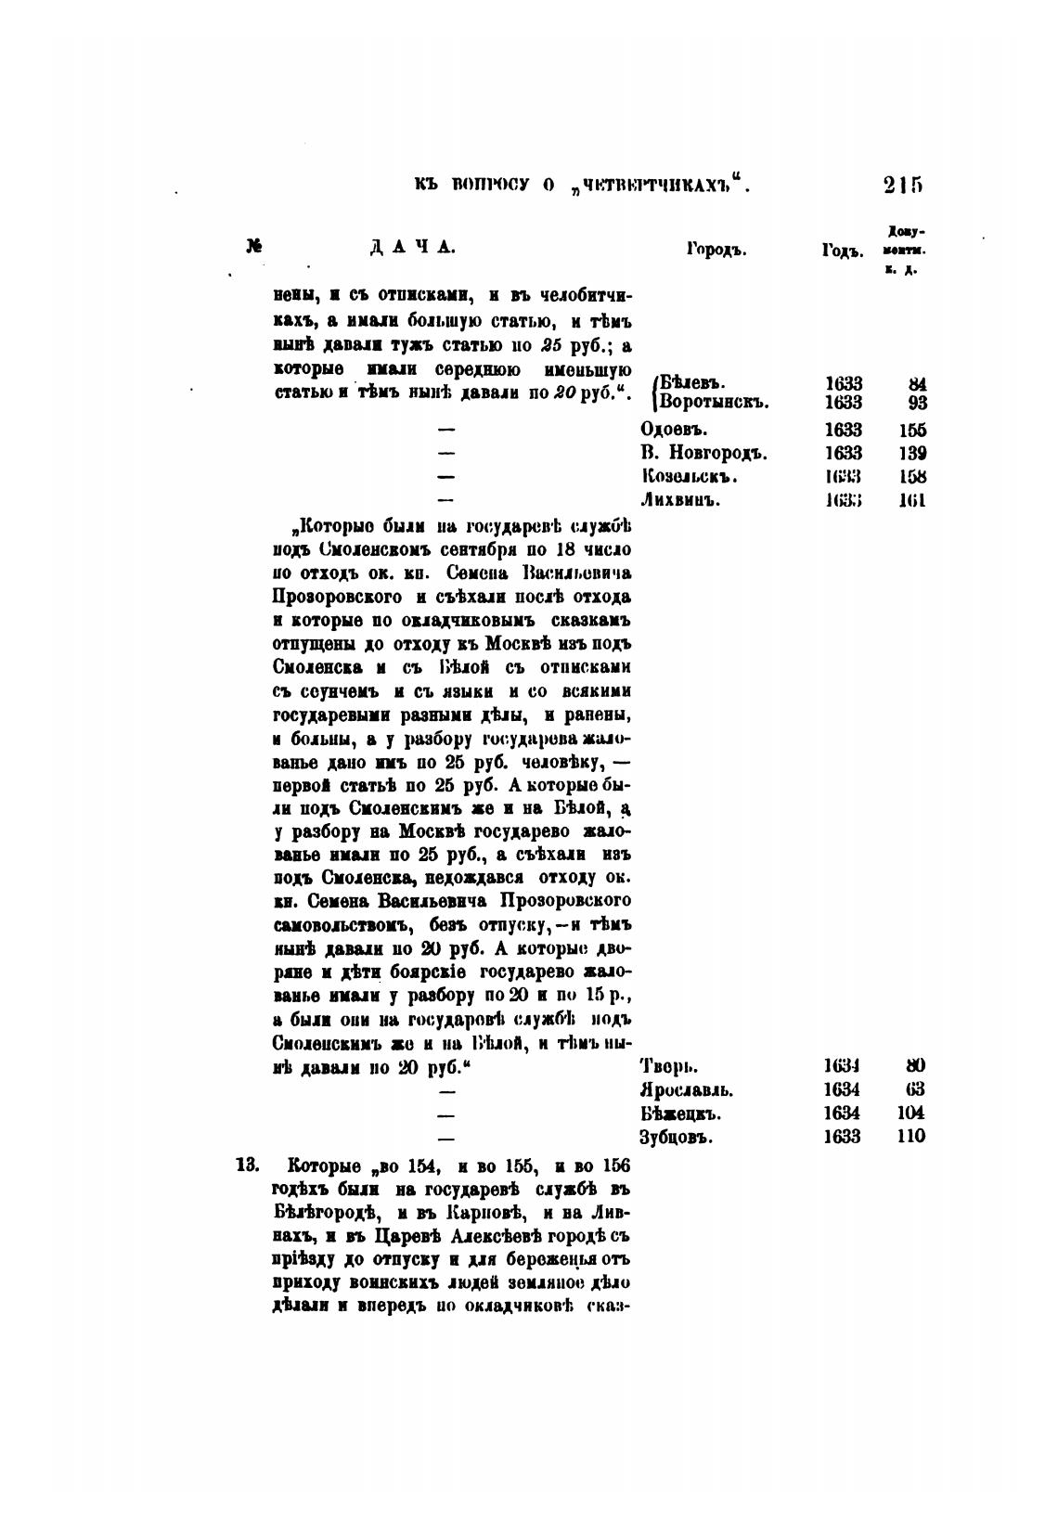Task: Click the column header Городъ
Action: [716, 250]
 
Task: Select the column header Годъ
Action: [842, 251]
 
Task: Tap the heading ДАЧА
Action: [411, 248]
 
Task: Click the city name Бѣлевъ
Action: [692, 383]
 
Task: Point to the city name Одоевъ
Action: [675, 430]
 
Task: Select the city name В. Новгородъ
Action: [703, 454]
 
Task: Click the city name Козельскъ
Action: [689, 477]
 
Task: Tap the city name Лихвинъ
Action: [680, 500]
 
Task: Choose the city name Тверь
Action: [668, 1066]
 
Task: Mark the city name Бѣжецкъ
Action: [680, 1114]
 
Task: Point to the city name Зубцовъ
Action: [677, 1137]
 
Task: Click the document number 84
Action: [917, 383]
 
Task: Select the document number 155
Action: [912, 430]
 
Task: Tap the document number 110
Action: [911, 1137]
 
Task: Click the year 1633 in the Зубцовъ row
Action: [841, 1137]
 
